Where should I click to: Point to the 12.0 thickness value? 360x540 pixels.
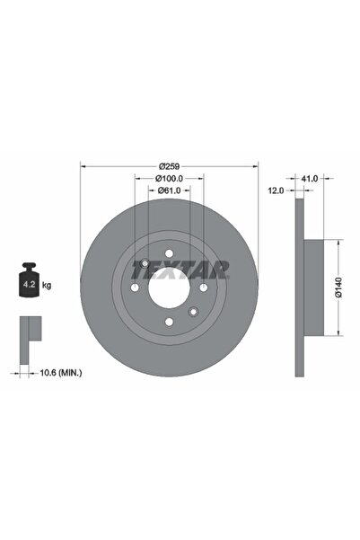tap(276, 190)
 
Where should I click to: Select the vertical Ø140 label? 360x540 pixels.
tap(338, 287)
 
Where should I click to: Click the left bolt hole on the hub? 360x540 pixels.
tap(133, 288)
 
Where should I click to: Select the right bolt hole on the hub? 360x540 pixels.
tap(203, 288)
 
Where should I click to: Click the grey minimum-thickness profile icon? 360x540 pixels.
tap(30, 331)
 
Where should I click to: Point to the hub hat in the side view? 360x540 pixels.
tap(312, 288)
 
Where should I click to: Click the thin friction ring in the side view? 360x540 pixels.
tap(298, 288)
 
